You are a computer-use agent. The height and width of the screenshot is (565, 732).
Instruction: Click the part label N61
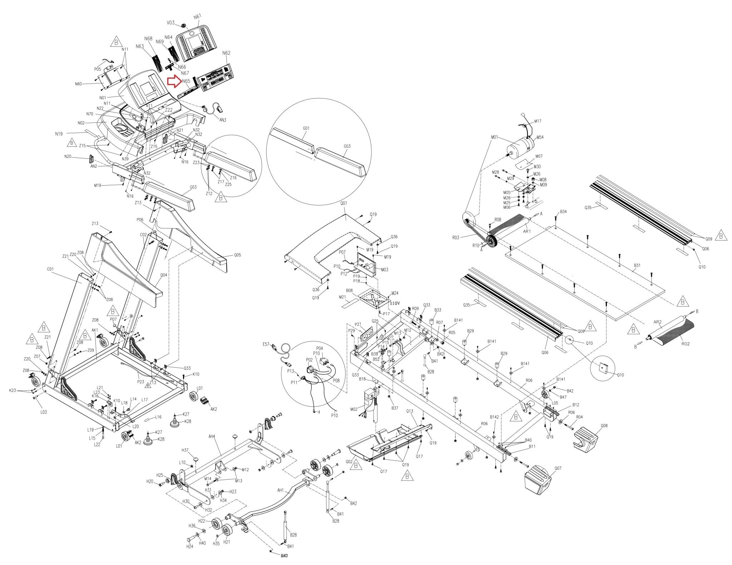tap(197, 16)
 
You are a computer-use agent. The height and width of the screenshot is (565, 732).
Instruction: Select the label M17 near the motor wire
tap(538, 121)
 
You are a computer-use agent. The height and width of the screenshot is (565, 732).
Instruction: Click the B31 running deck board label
tap(637, 266)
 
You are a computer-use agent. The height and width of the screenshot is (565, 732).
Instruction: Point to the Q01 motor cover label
tap(343, 203)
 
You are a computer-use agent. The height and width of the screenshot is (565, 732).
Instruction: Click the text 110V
tap(395, 303)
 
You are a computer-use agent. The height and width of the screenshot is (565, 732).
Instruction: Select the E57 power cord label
tap(266, 344)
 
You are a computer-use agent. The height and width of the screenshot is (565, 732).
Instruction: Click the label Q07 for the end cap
tap(558, 468)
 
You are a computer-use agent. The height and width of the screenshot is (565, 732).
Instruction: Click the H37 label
tap(185, 450)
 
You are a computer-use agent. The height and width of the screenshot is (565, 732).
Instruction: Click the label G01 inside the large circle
tap(306, 128)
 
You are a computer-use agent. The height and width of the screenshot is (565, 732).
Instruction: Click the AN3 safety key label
tap(223, 120)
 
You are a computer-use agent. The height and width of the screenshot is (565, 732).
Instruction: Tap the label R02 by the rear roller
tap(685, 344)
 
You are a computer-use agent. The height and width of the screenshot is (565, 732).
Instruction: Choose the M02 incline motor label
tap(354, 409)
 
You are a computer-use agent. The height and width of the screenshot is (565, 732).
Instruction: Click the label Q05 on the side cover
tap(237, 255)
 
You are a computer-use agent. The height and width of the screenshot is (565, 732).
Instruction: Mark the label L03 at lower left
tap(43, 412)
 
